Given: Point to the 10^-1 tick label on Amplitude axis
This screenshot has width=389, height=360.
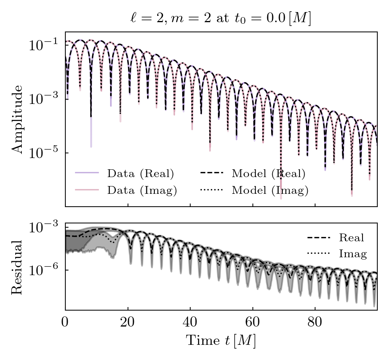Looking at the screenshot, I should [42, 46].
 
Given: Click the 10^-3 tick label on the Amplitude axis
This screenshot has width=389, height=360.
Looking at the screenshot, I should [42, 99].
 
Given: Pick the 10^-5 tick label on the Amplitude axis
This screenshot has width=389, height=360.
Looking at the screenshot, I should [42, 153].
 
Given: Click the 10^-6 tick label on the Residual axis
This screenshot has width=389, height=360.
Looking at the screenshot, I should [42, 270].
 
